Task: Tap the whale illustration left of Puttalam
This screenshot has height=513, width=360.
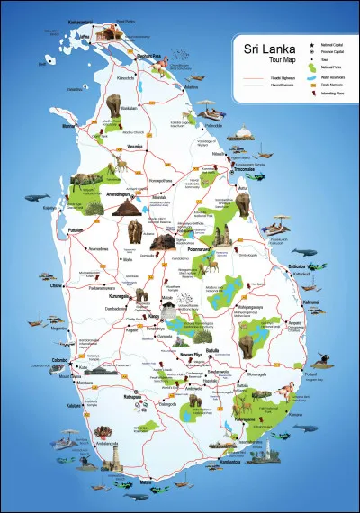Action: (36, 196)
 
